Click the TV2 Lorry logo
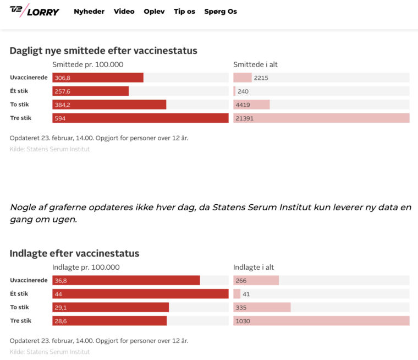tap(34, 11)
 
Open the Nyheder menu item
tap(89, 12)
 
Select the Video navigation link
tap(124, 12)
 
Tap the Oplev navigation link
tap(154, 12)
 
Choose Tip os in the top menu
tap(184, 12)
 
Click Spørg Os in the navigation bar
tap(221, 12)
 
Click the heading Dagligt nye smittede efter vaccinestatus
tap(103, 51)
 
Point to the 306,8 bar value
tap(63, 78)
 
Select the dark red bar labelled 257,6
tap(91, 91)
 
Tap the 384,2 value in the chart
tap(63, 105)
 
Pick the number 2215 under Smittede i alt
tap(261, 78)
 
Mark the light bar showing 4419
tap(251, 105)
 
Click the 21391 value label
tap(245, 118)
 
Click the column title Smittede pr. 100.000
tap(87, 64)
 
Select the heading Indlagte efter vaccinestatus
tap(74, 254)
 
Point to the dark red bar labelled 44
tap(140, 294)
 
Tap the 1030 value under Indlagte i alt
tap(243, 321)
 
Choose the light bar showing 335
tap(262, 307)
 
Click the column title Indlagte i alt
tap(254, 268)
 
